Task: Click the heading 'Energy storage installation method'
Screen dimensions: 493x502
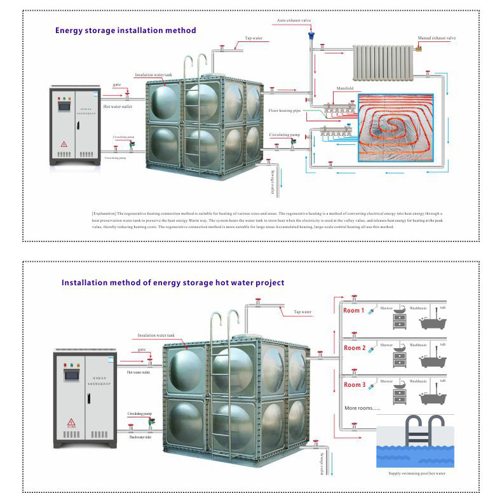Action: click(125, 30)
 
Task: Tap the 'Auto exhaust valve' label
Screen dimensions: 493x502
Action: click(294, 20)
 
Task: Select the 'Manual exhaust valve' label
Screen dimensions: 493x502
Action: click(437, 38)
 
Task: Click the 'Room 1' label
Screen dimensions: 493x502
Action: click(353, 311)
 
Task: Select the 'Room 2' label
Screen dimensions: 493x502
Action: click(355, 348)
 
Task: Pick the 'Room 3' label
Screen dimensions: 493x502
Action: click(355, 385)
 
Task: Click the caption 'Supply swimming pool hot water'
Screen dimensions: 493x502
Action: click(416, 473)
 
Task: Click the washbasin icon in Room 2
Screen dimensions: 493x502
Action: click(400, 356)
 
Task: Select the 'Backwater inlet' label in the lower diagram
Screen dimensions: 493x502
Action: click(140, 437)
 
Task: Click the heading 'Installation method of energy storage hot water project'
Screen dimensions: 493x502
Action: click(172, 283)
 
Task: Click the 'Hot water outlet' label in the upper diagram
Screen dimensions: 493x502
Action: click(118, 107)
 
